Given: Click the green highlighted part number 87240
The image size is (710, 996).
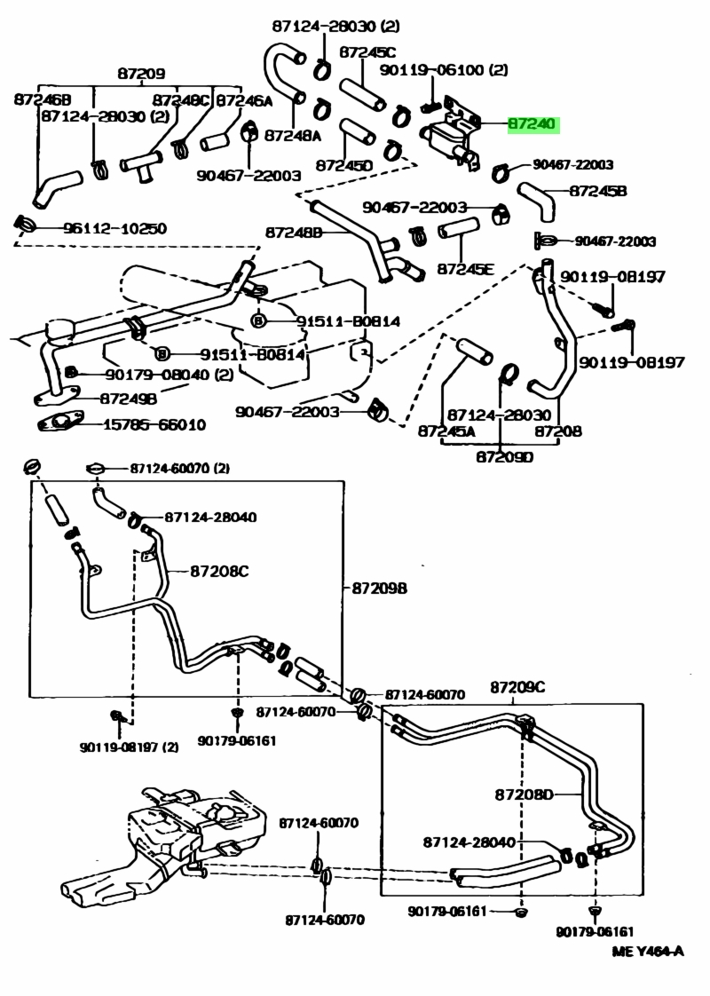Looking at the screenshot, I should pyautogui.click(x=534, y=125).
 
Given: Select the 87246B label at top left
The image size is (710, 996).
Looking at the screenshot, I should pyautogui.click(x=42, y=99).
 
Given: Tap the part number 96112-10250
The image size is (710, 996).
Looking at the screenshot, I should pyautogui.click(x=114, y=228).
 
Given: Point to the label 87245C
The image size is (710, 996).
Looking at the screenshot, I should pyautogui.click(x=367, y=52).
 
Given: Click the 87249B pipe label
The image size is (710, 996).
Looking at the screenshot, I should pyautogui.click(x=128, y=399).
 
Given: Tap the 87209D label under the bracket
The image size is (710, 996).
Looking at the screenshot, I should pyautogui.click(x=504, y=457).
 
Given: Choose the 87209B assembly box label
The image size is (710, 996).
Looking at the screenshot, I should pyautogui.click(x=379, y=588).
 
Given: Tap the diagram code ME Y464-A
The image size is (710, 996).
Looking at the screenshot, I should pyautogui.click(x=648, y=952).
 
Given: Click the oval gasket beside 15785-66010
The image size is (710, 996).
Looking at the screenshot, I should pyautogui.click(x=61, y=423).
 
